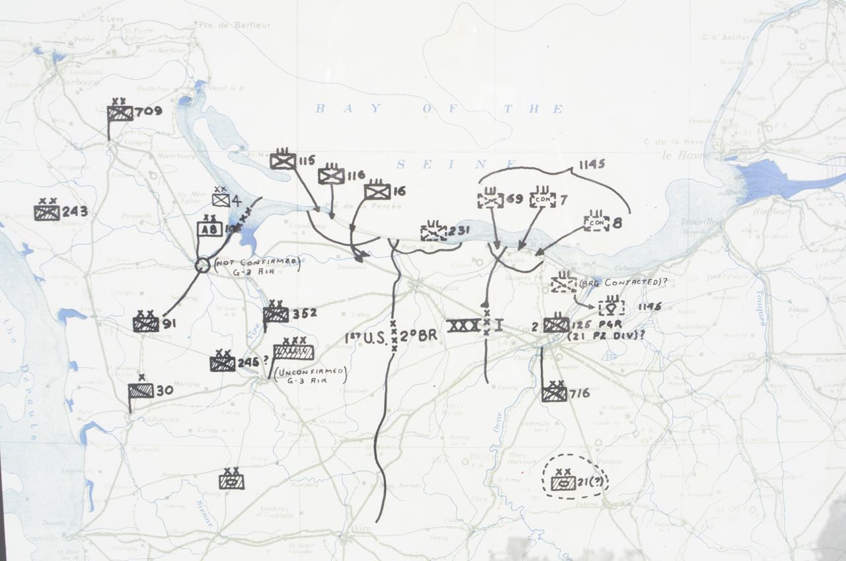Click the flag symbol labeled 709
[120, 113]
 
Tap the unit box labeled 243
[47, 212]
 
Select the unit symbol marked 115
[282, 161]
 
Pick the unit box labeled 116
[331, 175]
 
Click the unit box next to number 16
[377, 191]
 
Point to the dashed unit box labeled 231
[434, 232]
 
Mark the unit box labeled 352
[276, 314]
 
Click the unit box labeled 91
[145, 324]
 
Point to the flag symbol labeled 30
[141, 391]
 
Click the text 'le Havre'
[687, 156]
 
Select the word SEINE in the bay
[456, 165]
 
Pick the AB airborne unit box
[210, 228]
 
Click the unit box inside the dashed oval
[562, 483]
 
